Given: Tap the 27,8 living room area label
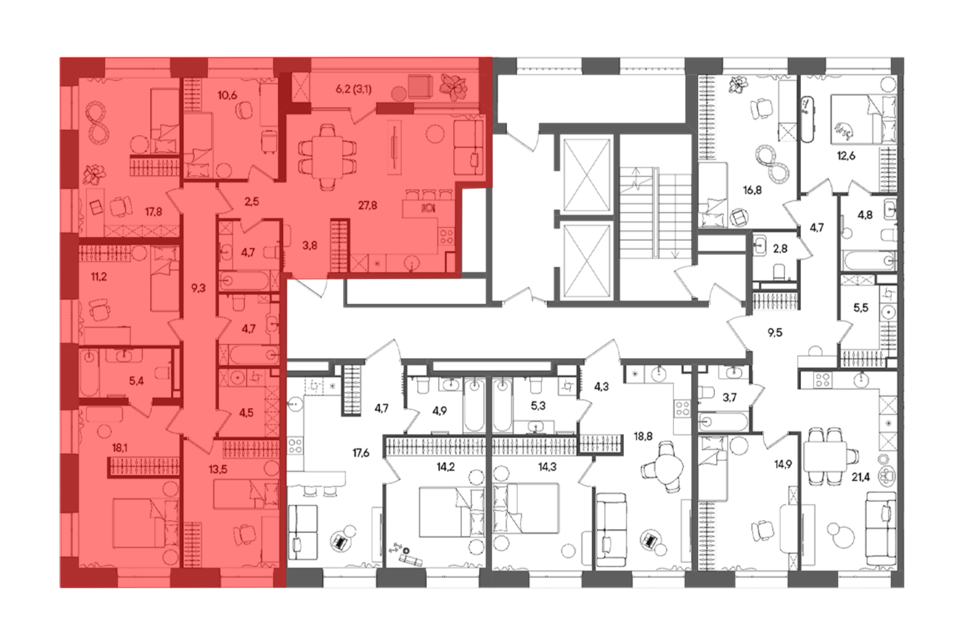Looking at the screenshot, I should click(368, 206).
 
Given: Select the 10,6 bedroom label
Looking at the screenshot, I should click(227, 95).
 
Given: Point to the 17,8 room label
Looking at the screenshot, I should click(154, 211).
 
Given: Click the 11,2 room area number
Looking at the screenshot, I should click(99, 277).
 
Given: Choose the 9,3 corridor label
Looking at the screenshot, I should click(198, 288).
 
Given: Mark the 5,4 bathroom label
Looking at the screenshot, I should click(136, 382).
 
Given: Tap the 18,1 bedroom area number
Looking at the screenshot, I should click(120, 448).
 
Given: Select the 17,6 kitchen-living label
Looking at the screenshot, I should click(361, 453).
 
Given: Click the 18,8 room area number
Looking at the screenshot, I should click(643, 436).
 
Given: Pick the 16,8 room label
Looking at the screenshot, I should click(752, 190).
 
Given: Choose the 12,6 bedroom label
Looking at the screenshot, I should click(846, 156).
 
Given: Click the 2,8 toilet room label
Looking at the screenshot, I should click(780, 249).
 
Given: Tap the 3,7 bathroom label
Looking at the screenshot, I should click(729, 397).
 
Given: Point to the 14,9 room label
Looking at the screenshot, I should click(783, 465).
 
